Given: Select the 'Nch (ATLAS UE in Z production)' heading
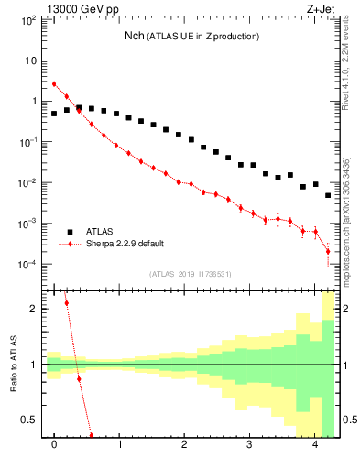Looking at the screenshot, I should click(x=192, y=36).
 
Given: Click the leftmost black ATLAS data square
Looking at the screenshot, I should click(x=54, y=114).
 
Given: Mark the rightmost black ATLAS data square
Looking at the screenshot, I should click(x=327, y=195).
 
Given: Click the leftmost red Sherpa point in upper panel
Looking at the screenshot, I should click(x=54, y=84).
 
